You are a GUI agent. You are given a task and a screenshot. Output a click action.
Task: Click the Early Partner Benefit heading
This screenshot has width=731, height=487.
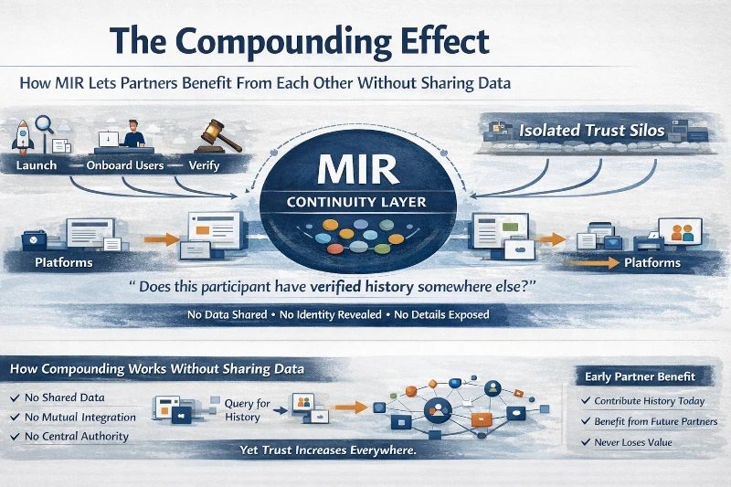[636, 376]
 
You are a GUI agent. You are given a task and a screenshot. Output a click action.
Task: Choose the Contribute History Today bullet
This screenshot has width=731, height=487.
[651, 401]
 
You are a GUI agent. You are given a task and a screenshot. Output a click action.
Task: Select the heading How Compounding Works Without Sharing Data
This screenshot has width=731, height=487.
[155, 369]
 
